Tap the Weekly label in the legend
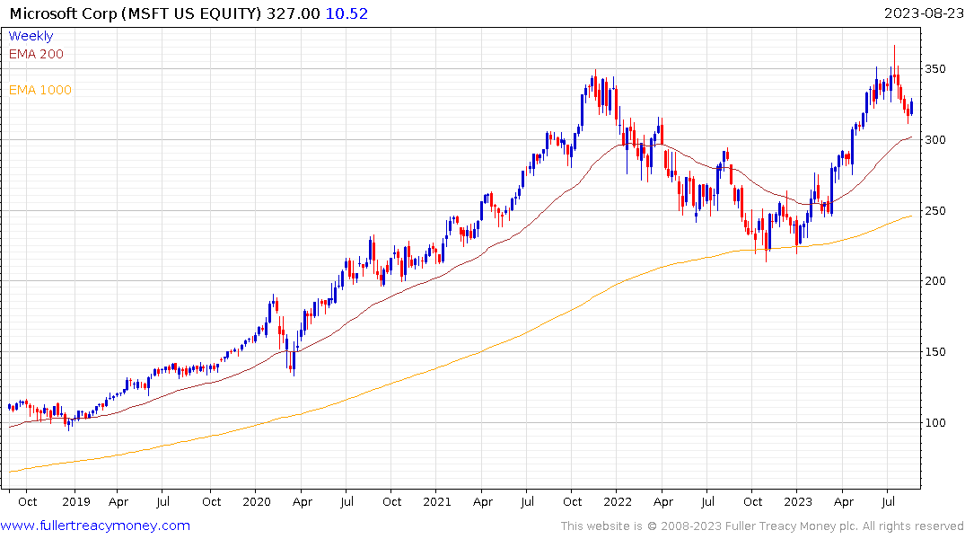coord(31,36)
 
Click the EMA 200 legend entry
coord(36,54)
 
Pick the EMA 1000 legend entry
coord(39,90)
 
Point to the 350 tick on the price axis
coord(938,69)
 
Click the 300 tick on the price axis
coord(938,140)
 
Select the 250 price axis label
coord(938,211)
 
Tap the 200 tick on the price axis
coord(938,281)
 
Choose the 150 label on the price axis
coord(938,352)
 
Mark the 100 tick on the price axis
coord(938,423)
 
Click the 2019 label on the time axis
coord(75,501)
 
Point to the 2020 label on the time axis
coord(256,501)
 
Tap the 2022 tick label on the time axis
coord(617,501)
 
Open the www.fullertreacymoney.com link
coord(95,526)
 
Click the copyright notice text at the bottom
coord(762,526)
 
